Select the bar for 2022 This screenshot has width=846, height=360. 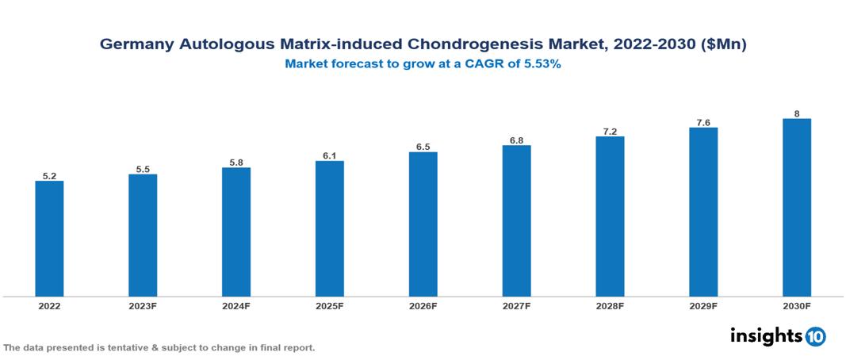(x=49, y=239)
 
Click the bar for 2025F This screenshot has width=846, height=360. (x=329, y=228)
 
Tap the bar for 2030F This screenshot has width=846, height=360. (x=796, y=208)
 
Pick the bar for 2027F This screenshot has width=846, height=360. (x=516, y=221)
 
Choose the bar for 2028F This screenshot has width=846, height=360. (x=610, y=216)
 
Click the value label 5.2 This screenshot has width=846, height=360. (x=49, y=176)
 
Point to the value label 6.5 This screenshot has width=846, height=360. (x=423, y=147)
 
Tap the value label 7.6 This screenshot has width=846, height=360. (x=703, y=122)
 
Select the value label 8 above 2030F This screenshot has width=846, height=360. (x=796, y=113)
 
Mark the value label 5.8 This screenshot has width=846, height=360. (x=236, y=163)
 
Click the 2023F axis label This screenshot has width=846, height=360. (x=143, y=305)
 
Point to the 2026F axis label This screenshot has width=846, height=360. (x=423, y=305)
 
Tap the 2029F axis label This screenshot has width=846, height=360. (x=703, y=305)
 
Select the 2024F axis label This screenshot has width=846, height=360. (x=236, y=305)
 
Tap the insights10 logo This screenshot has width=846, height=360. (x=777, y=336)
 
